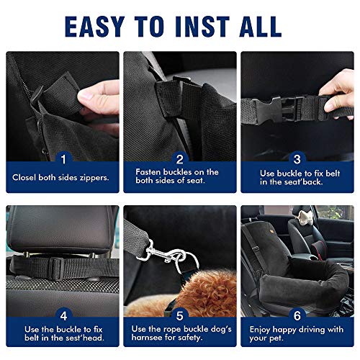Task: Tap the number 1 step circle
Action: [x=63, y=158]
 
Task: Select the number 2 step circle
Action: [x=181, y=158]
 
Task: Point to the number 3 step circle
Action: [x=297, y=158]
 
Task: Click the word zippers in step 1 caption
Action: [x=91, y=177]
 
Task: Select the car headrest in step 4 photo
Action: [x=61, y=230]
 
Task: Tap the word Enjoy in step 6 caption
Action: [x=261, y=329]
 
